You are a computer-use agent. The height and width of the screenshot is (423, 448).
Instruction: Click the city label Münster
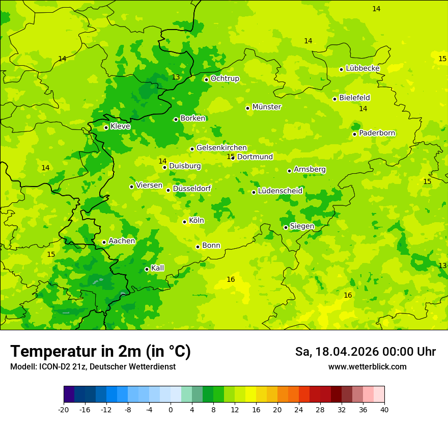point(267,107)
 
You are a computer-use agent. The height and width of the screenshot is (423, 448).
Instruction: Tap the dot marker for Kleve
point(106,127)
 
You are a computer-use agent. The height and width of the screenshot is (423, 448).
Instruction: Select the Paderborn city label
point(377,133)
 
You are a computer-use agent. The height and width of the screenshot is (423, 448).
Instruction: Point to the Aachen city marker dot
point(104,243)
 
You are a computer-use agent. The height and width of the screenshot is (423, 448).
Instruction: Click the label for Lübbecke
point(362,68)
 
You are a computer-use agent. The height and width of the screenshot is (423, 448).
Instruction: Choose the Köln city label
point(197,221)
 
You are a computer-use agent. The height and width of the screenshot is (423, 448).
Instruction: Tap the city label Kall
point(158,268)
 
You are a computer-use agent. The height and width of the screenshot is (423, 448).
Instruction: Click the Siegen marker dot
point(286,228)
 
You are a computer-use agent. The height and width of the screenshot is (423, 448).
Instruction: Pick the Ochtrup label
point(225,78)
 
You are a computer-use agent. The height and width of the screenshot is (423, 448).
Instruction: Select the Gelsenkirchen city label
point(221,148)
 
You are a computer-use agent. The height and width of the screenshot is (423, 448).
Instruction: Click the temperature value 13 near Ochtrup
point(176,77)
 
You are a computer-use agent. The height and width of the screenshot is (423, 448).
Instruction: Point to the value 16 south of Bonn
point(231,279)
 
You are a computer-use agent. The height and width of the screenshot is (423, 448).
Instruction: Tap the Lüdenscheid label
point(280,191)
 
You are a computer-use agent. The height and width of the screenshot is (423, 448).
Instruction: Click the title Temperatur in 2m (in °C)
point(100,352)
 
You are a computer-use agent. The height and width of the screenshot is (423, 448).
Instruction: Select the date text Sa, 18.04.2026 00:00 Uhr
point(365,352)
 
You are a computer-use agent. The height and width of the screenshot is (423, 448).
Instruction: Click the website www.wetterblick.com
point(367,367)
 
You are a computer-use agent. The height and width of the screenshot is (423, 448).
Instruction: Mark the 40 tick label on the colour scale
point(384,410)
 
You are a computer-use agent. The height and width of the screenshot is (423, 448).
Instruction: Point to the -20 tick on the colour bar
point(64,410)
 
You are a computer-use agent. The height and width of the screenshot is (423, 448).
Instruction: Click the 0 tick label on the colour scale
point(171,410)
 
